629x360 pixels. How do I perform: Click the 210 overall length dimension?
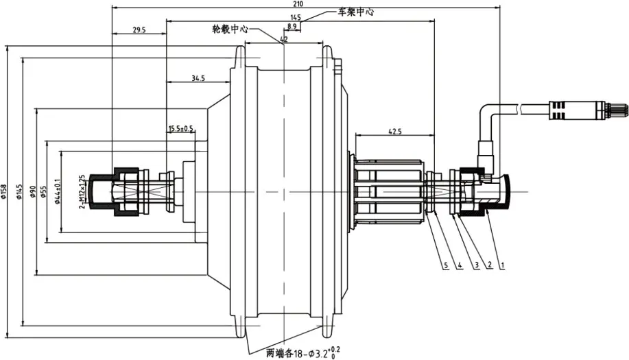[298, 4]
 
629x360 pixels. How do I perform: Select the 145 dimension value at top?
[296, 17]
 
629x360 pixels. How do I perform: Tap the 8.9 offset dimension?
[292, 26]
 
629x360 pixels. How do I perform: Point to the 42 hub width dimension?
[283, 40]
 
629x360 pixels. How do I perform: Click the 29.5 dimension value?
[139, 29]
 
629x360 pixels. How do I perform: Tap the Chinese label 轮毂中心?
[230, 30]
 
